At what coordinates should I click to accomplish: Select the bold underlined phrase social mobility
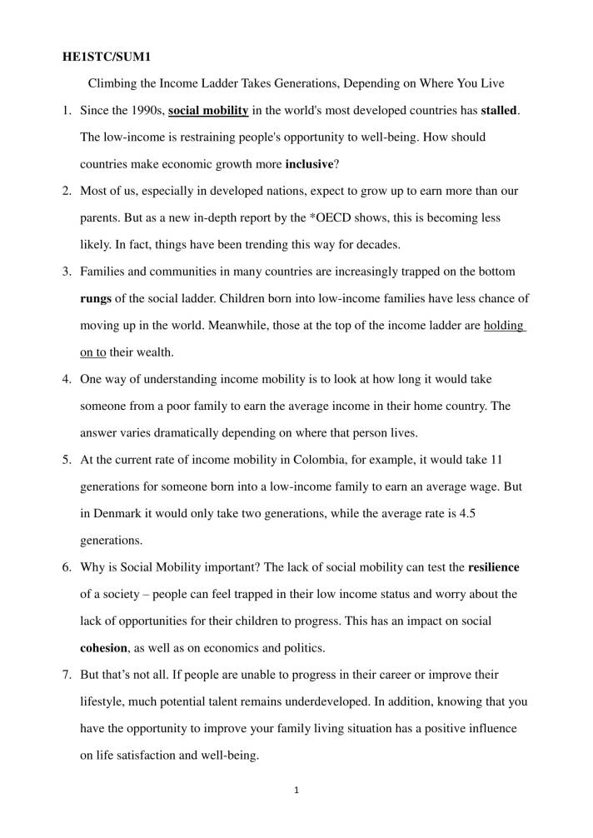[x=208, y=111]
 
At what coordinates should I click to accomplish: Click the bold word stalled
[x=499, y=111]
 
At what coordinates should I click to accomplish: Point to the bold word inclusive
[x=309, y=164]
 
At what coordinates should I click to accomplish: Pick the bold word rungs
[x=96, y=298]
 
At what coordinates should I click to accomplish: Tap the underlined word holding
[x=503, y=325]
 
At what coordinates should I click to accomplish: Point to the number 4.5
[x=467, y=513]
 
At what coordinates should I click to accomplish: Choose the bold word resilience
[x=494, y=567]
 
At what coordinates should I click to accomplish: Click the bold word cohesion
[x=103, y=648]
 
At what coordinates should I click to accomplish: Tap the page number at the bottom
[x=296, y=790]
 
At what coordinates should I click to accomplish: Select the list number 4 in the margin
[x=67, y=379]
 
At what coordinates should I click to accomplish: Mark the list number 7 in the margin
[x=67, y=675]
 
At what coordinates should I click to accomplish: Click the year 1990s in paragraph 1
[x=145, y=111]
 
